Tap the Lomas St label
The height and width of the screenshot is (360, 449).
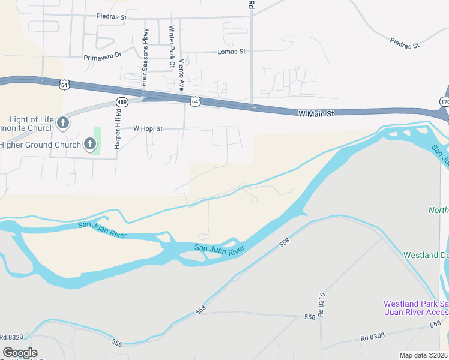pos(232,52)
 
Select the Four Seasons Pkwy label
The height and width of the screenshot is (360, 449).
pos(145,57)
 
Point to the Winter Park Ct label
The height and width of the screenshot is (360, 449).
pos(172,46)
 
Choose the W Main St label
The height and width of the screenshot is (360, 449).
pos(316,113)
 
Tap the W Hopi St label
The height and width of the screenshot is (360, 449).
pos(148,128)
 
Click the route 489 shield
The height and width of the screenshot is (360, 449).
pos(122,102)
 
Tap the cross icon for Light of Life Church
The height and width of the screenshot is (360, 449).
pos(64,124)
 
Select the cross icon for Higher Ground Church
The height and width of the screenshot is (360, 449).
pos(90,144)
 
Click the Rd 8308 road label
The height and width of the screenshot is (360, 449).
pos(373,338)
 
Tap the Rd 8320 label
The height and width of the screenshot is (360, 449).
pos(12,337)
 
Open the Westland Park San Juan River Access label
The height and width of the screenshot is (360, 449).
pos(415,308)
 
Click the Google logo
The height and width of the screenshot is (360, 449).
pos(20,353)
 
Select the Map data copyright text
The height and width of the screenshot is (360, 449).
pos(423,355)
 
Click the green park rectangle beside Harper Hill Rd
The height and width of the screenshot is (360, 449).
pos(97,140)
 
